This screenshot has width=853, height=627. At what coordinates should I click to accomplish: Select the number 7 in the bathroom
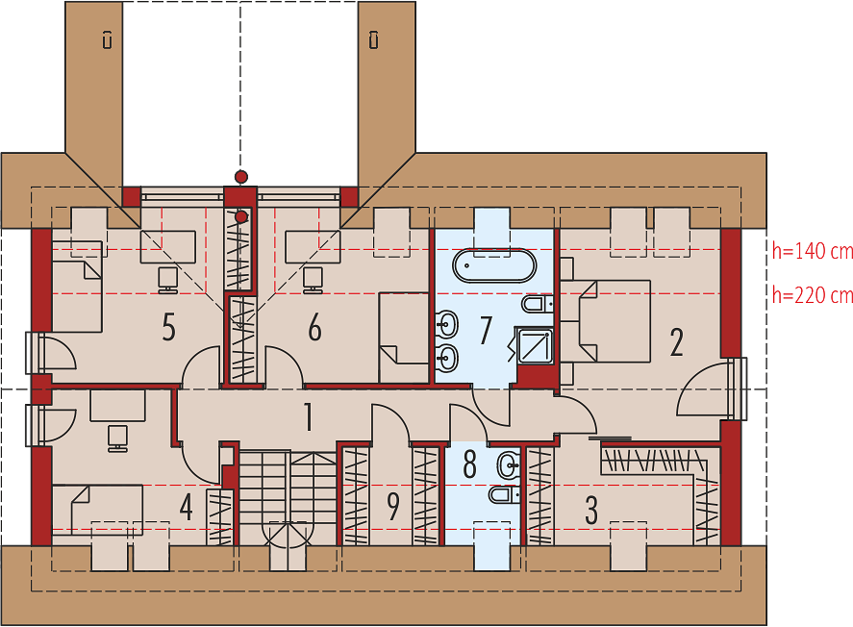coord(486,330)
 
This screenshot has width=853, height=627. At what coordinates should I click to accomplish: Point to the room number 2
coord(676,342)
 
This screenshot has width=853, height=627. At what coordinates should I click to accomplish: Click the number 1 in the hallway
coord(309,417)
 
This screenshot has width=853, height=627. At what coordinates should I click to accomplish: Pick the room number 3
coord(591,510)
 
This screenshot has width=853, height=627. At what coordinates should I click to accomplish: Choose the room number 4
coord(186,508)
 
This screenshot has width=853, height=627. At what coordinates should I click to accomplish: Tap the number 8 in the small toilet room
coord(469,464)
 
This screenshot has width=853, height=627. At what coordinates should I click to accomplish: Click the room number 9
coord(392,506)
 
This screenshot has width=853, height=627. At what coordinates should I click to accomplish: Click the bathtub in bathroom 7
coord(494,265)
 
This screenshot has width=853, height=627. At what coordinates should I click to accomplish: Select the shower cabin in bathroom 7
coord(535,346)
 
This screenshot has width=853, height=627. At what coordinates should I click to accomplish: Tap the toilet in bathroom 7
coord(538,304)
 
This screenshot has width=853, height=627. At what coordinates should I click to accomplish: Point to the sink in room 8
coord(508,464)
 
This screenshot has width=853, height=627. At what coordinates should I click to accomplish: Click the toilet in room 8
coord(504,494)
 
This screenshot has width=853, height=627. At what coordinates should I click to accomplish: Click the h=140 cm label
coord(813,251)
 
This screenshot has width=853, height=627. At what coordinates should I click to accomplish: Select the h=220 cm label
coord(813,295)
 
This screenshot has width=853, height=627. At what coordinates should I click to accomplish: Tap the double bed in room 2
coord(606,321)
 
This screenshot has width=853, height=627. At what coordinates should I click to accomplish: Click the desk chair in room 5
coord(167,280)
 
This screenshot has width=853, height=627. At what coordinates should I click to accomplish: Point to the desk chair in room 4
coord(117,439)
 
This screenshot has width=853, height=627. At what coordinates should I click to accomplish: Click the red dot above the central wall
coord(241,176)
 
